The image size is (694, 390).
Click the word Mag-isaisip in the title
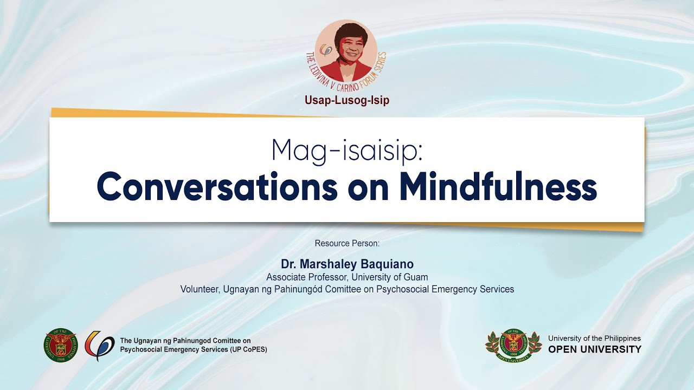tap(347, 152)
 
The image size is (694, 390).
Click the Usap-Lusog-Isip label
tap(347, 100)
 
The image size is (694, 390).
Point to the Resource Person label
tap(347, 243)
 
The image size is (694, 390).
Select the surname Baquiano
tap(387, 264)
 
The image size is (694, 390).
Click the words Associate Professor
tap(307, 277)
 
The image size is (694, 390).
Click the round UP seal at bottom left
tap(61, 344)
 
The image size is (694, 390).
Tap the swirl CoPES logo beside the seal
tap(99, 345)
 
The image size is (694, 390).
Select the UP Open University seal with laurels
tap(513, 346)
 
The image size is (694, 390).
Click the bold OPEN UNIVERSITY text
tap(595, 349)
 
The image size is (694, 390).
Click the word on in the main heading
tap(368, 189)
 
